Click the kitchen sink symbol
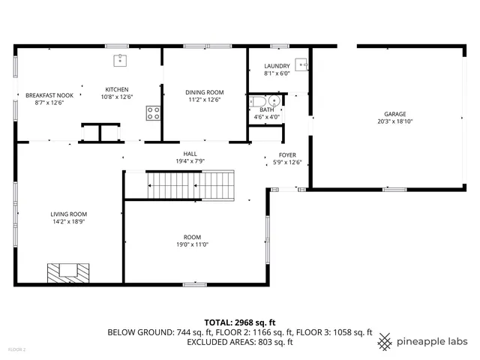[x=118, y=60]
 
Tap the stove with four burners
[x=153, y=112]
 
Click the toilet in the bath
[x=259, y=102]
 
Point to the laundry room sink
[x=301, y=64]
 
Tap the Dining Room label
[x=205, y=92]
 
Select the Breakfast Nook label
[x=49, y=95]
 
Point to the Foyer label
[x=287, y=154]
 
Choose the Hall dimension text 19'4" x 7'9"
[x=190, y=161]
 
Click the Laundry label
[x=277, y=66]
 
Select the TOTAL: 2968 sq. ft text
[x=240, y=322]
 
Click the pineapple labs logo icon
[x=385, y=340]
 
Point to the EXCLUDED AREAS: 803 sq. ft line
[x=240, y=342]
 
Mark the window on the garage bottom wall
[x=394, y=189]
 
